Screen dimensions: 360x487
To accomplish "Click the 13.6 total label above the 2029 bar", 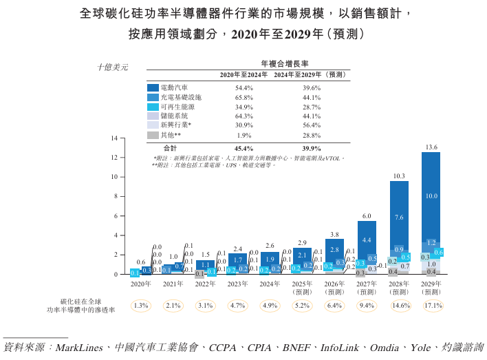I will coord(431,147).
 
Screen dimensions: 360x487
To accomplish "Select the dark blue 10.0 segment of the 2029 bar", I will coord(431,196).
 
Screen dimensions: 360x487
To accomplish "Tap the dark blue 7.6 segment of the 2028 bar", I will coord(399,218).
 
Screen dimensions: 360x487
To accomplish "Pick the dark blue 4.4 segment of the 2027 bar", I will coord(367,240).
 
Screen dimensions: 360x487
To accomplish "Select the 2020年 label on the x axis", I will coord(141,284).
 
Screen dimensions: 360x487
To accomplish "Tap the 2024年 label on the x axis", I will coord(270,284).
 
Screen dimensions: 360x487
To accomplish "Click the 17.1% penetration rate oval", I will coord(432,306).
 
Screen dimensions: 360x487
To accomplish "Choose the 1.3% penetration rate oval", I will coord(141,306).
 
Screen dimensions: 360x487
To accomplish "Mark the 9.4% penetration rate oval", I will coord(367,306).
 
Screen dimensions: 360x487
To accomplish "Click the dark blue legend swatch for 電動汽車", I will coord(153,88).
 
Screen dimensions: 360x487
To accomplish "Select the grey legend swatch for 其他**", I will coord(153,135).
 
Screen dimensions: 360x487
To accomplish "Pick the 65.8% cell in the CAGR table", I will coord(244,98).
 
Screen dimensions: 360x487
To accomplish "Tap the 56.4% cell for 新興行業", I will coord(312,125).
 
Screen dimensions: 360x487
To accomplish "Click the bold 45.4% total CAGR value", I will coord(244,148).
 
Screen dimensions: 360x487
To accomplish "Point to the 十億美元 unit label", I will coord(112,67).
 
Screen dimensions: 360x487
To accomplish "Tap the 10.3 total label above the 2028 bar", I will coord(399,176).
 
